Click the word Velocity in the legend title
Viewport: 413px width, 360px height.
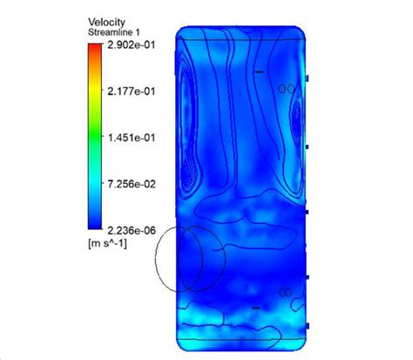point(106,23)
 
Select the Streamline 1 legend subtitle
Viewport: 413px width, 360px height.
point(114,32)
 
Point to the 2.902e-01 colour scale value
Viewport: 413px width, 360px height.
point(132,45)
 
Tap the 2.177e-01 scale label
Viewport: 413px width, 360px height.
point(132,92)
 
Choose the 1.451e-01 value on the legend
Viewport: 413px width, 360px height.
point(132,138)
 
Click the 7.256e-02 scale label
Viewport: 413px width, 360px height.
point(132,184)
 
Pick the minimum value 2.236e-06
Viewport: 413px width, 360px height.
point(132,230)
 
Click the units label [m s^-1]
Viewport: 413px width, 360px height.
point(107,243)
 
